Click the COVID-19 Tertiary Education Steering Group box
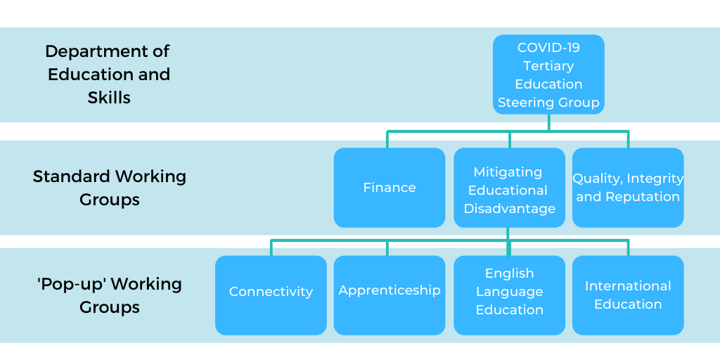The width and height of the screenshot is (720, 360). (x=548, y=75)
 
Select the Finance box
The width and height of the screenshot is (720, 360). (x=389, y=188)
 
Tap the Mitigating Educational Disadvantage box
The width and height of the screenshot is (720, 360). (x=509, y=188)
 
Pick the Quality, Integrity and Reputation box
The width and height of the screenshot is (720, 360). (x=628, y=188)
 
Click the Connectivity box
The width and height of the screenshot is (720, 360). (x=271, y=295)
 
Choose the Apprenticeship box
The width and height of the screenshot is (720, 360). (x=389, y=295)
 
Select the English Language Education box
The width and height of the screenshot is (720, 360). (x=509, y=295)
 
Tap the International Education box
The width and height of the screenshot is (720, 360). (x=628, y=295)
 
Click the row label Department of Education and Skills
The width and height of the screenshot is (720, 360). (x=108, y=75)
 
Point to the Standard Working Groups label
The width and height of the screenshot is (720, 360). (x=109, y=188)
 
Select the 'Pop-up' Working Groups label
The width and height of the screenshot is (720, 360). (x=109, y=295)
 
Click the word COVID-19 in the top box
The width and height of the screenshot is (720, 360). (x=548, y=48)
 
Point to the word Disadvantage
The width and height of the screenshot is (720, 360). (x=509, y=208)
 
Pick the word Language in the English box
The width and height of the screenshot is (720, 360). (x=509, y=291)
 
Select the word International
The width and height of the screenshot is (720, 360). (x=628, y=286)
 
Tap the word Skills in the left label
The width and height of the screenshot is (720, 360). (x=109, y=98)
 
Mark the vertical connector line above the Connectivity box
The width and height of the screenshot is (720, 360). (x=271, y=247)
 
